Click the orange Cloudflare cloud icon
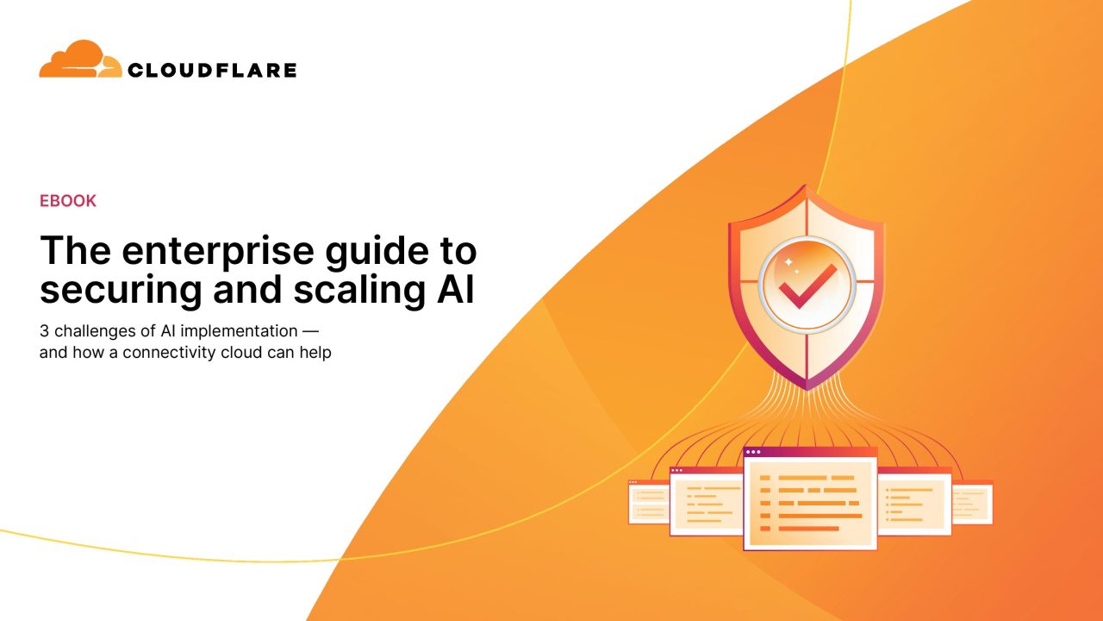[x=80, y=60]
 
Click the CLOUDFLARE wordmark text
[x=212, y=70]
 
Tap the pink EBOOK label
[x=68, y=201]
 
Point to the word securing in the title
[x=121, y=291]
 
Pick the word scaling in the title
[x=359, y=291]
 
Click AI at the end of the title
[x=456, y=289]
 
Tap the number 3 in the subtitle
[x=44, y=331]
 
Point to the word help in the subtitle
[x=315, y=353]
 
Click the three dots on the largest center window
[x=753, y=452]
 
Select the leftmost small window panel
[x=649, y=501]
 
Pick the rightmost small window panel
[x=972, y=502]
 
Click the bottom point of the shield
[x=807, y=390]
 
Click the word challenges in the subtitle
[x=95, y=332]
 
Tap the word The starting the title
[x=75, y=251]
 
